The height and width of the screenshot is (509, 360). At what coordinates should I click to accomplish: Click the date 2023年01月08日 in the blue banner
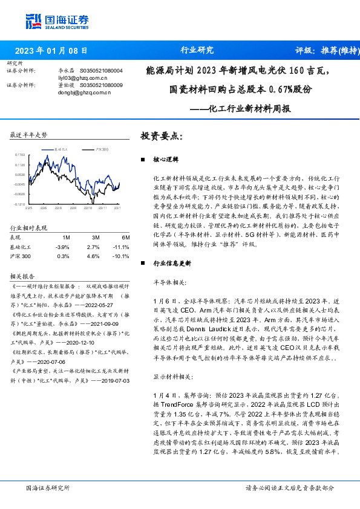tap(51, 50)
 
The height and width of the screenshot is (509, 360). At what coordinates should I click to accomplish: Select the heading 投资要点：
tap(160, 136)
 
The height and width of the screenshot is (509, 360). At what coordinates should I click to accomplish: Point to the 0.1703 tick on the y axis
tap(20, 155)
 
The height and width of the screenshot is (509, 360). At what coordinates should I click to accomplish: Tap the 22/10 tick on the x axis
tap(88, 208)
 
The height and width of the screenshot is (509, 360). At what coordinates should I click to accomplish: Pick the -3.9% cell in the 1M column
tap(62, 247)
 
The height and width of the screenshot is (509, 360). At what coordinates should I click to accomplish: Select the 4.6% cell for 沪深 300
tap(93, 256)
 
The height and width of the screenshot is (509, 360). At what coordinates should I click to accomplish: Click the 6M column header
tap(125, 238)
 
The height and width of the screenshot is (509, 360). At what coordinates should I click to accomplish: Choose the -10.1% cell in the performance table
tap(122, 256)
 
